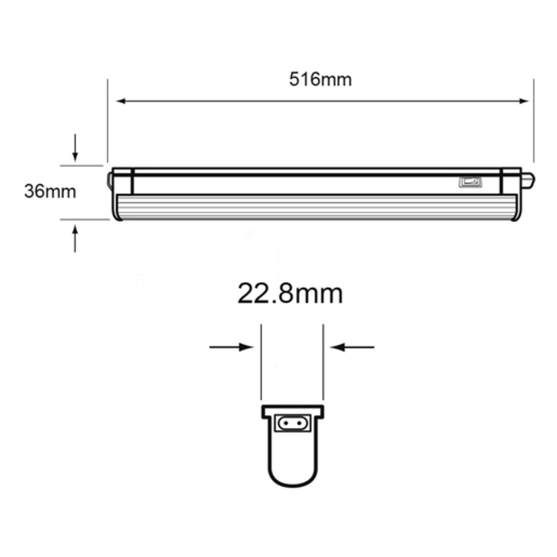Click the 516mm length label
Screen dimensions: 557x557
[x=320, y=80]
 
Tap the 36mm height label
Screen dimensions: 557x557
[x=50, y=192]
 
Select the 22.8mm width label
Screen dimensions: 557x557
[x=290, y=294]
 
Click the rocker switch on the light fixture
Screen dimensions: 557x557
[x=469, y=182]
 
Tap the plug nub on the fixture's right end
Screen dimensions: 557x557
[x=527, y=179]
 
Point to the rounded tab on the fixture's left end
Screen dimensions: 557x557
[x=110, y=179]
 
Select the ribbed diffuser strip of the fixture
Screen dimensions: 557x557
[x=317, y=207]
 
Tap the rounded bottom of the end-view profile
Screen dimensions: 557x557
[x=292, y=479]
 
